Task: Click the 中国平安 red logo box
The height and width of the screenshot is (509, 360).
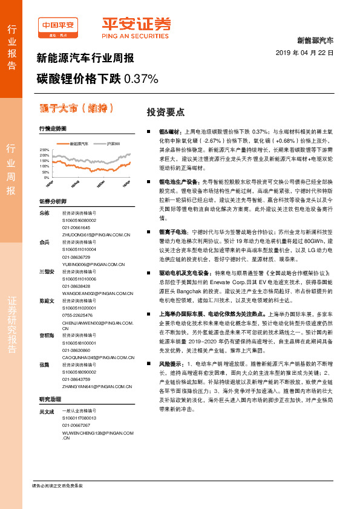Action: click(x=59, y=25)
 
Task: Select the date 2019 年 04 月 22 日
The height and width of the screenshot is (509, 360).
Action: click(x=309, y=53)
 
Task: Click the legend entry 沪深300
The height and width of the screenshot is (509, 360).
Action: click(x=114, y=143)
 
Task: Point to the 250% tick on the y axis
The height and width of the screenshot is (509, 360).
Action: click(x=44, y=149)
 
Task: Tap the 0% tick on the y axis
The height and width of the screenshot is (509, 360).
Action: click(x=46, y=178)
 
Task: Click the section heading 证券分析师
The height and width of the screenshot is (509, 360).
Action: click(x=53, y=201)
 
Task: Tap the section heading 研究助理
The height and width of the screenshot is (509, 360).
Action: click(x=51, y=399)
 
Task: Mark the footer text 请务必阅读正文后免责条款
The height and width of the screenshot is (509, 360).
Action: click(x=57, y=485)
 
